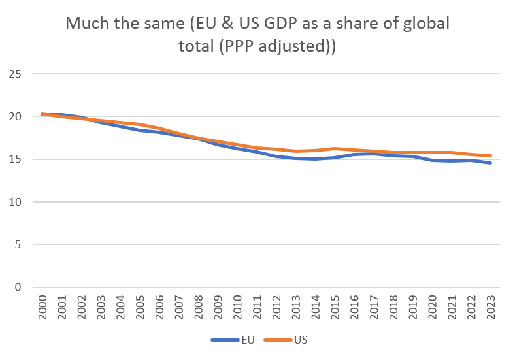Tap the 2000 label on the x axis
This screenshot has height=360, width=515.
click(x=43, y=307)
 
